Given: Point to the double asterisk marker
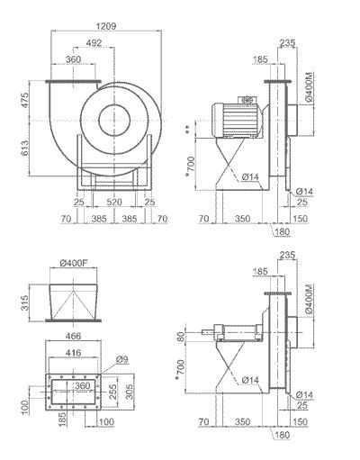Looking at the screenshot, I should pyautogui.click(x=188, y=131).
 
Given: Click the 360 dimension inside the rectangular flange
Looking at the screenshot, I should pyautogui.click(x=83, y=386).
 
